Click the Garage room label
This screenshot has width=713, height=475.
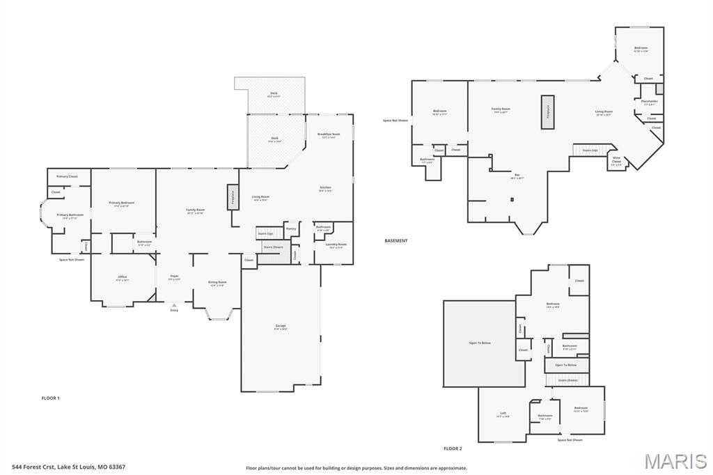[281, 326]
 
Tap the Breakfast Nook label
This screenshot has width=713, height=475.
[329, 134]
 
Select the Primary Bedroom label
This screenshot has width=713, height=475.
[121, 203]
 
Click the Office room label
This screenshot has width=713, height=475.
[123, 278]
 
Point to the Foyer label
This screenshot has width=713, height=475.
[174, 277]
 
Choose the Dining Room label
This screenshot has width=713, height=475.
[217, 283]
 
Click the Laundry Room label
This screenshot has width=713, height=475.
[336, 244]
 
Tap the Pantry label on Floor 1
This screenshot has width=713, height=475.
[291, 228]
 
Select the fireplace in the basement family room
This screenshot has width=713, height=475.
[547, 111]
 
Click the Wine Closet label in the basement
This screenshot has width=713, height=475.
[616, 159]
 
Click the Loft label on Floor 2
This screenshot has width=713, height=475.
[503, 414]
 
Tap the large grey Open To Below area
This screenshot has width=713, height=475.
[484, 343]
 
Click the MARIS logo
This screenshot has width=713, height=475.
[675, 461]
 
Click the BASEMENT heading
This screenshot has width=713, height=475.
[395, 240]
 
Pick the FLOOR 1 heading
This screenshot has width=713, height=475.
[51, 398]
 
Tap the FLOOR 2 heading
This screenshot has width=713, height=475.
[453, 449]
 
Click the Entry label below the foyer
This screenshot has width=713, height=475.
[174, 310]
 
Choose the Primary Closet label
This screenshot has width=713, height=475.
[68, 176]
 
